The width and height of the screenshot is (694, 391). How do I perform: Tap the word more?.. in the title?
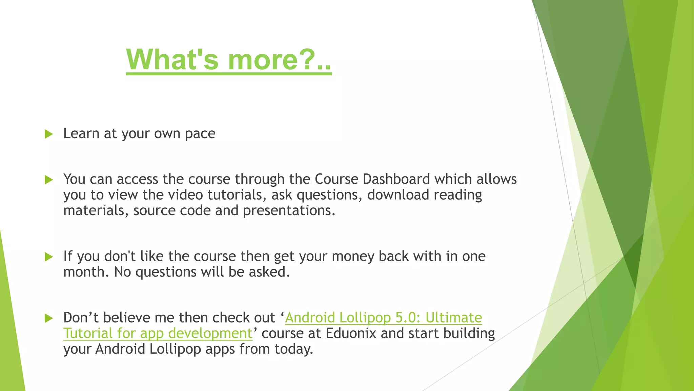coord(279,59)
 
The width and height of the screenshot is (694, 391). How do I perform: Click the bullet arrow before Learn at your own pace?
coord(49,134)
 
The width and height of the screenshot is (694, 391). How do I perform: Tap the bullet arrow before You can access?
coord(49,180)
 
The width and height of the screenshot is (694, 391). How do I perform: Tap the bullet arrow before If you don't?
coord(49,257)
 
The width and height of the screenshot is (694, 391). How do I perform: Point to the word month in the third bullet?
coord(84,272)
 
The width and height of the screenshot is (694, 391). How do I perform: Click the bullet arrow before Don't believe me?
coord(49,318)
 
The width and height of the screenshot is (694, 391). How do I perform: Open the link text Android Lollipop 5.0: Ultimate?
coord(383,318)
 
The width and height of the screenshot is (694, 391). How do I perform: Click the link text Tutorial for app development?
coord(158,334)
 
